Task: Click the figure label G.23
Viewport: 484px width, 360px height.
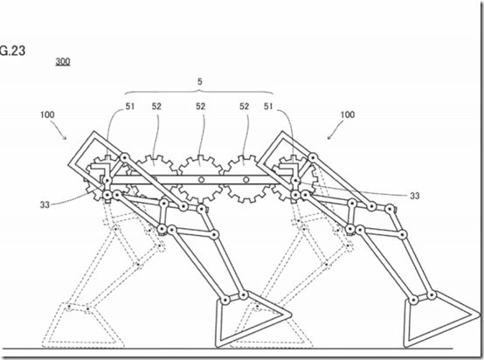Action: [x=12, y=51]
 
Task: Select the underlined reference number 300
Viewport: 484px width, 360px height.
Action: [x=63, y=61]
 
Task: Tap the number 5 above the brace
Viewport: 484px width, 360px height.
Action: [x=200, y=82]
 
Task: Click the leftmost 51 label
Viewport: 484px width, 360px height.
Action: [x=130, y=107]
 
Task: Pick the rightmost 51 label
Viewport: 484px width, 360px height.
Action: [x=268, y=107]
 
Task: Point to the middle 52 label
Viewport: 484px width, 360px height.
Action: [x=200, y=107]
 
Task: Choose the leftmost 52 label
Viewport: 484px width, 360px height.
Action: [x=156, y=107]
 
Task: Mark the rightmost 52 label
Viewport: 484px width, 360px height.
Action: [x=244, y=107]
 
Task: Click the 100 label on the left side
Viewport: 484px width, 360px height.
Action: [x=47, y=114]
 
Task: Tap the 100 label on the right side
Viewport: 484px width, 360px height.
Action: [x=348, y=114]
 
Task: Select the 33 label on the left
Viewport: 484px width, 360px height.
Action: [x=45, y=204]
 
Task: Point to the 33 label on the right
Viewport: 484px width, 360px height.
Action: [x=415, y=196]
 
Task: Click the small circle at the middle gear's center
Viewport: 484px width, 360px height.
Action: [x=201, y=180]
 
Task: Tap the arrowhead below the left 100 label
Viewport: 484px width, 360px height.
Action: [x=64, y=137]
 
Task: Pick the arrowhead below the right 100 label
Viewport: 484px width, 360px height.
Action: [x=329, y=137]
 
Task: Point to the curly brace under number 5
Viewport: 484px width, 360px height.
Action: [x=199, y=92]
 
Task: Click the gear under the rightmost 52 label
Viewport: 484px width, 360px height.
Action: [x=245, y=179]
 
